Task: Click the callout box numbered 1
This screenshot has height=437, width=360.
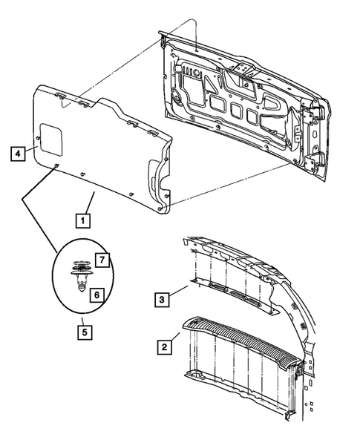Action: tap(82, 220)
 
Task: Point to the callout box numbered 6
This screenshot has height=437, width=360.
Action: tap(96, 295)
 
